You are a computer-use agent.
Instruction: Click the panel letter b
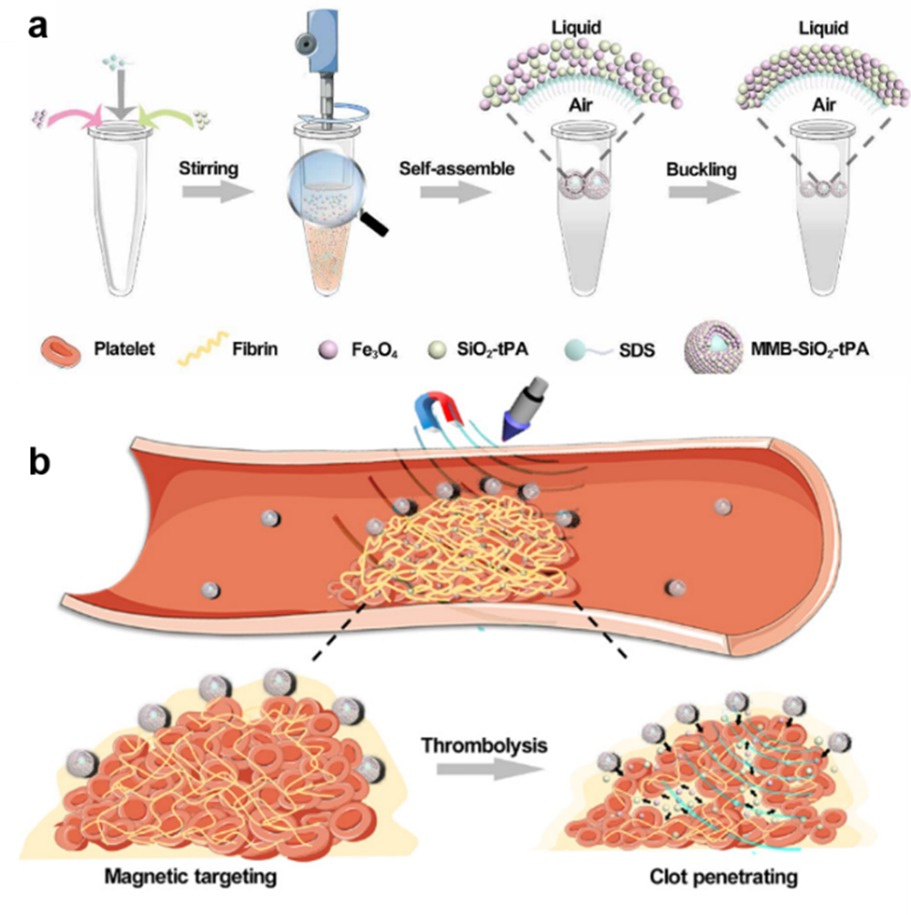[39, 463]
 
